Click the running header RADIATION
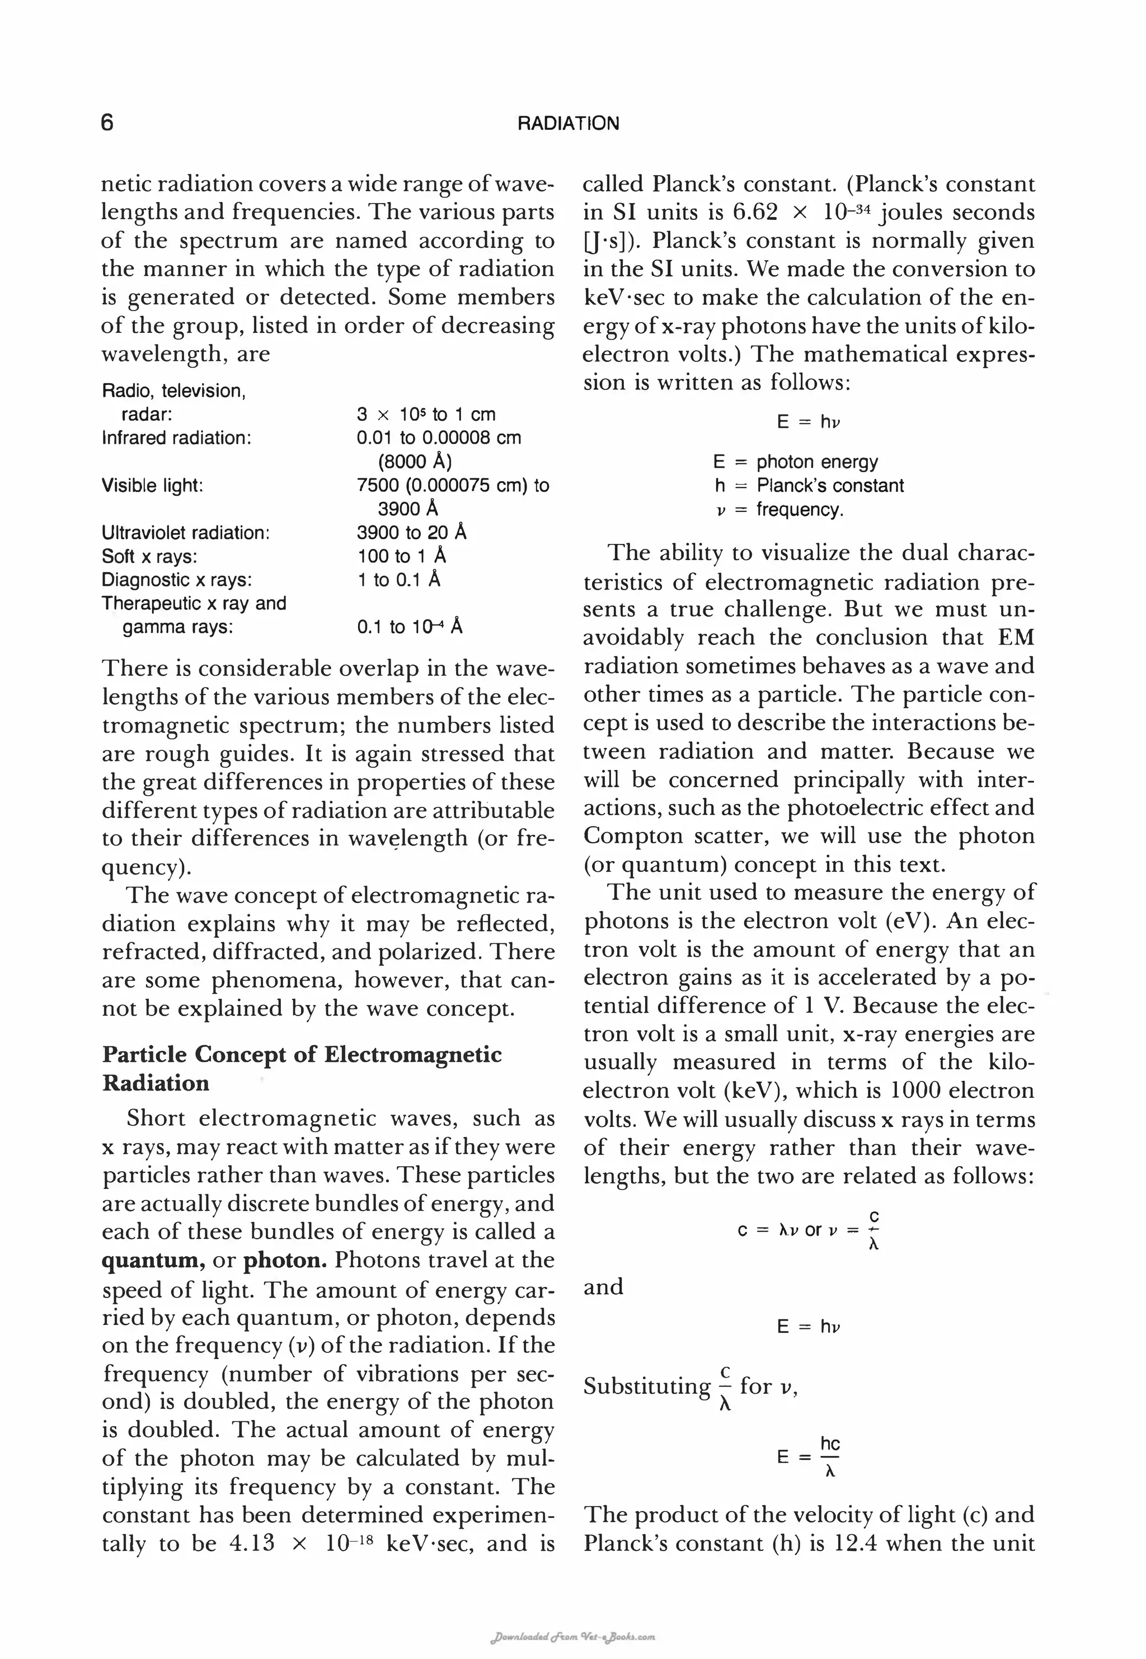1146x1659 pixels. tap(568, 124)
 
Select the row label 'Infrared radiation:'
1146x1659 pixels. tap(177, 438)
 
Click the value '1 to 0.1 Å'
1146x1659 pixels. tap(398, 580)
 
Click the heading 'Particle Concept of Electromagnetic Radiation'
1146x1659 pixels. tap(302, 1068)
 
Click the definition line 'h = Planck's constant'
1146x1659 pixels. tap(809, 486)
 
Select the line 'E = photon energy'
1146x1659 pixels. tap(795, 462)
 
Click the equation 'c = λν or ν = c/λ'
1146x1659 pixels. tap(808, 1230)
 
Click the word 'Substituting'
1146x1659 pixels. tap(646, 1385)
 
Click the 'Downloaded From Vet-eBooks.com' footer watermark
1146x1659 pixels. tap(572, 1638)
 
